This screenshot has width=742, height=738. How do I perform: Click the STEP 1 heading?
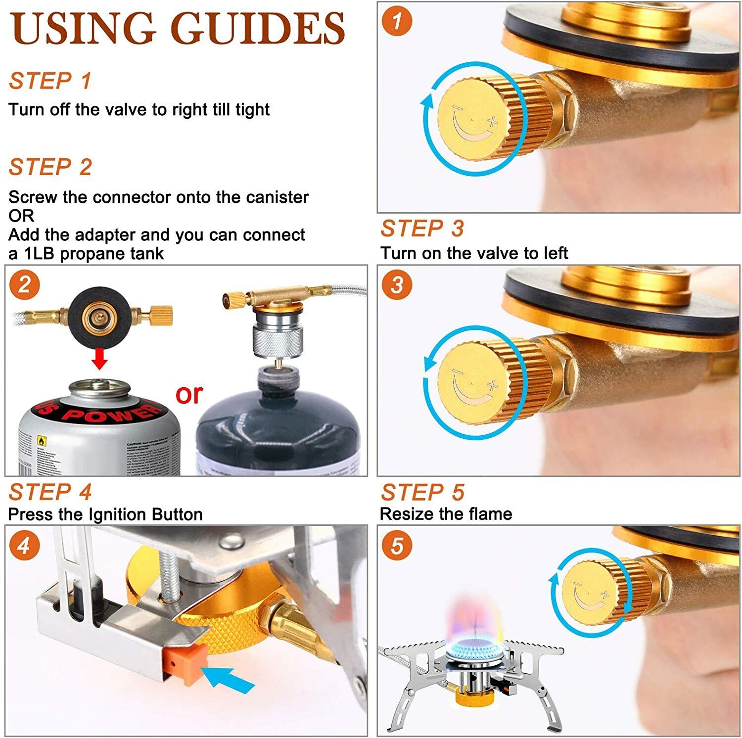(x=50, y=81)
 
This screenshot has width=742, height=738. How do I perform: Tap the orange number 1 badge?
(x=397, y=21)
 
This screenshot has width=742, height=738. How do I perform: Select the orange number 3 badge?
(x=397, y=284)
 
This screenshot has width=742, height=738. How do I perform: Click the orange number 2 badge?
(x=24, y=285)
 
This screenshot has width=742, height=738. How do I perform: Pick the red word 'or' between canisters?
(x=189, y=394)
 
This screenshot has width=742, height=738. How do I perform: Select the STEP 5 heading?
(x=422, y=492)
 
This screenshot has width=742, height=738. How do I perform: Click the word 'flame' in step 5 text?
(x=486, y=514)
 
